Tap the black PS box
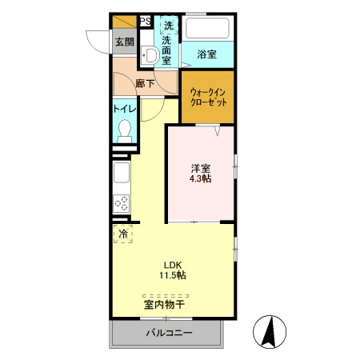(145, 22)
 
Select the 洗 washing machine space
(168, 25)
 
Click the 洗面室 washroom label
(167, 49)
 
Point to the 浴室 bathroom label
(207, 54)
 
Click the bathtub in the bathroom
(207, 29)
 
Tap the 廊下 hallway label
(145, 82)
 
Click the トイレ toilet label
(124, 109)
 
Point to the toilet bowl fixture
(124, 130)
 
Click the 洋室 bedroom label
(200, 168)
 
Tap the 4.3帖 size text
(200, 179)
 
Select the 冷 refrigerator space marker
(124, 234)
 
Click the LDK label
(174, 265)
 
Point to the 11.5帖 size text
(174, 276)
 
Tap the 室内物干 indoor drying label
(165, 304)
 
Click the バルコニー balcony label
(168, 333)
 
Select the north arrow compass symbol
(270, 331)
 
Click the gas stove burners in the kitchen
(122, 205)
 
